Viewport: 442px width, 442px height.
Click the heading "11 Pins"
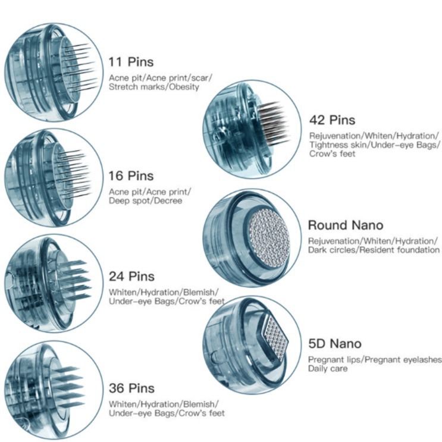tap(130, 62)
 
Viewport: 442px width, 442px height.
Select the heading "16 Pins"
tap(131, 176)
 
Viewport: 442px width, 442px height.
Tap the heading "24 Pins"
tap(131, 277)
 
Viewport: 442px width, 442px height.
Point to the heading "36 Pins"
tap(131, 388)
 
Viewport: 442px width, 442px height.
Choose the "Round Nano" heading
tap(345, 225)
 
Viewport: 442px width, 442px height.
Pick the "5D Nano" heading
tap(334, 343)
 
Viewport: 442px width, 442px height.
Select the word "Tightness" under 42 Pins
tap(325, 145)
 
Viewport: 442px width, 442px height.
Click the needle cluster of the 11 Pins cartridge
tap(75, 65)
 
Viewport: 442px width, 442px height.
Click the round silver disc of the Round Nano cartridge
tap(268, 234)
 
